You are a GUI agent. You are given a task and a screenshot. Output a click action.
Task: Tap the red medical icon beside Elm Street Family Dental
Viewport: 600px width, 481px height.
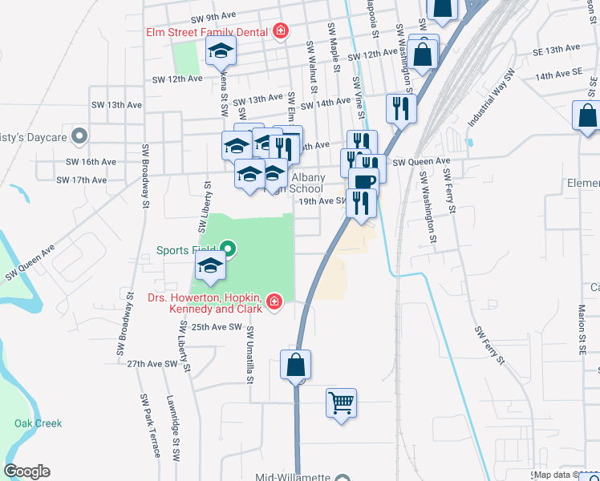tap(281, 32)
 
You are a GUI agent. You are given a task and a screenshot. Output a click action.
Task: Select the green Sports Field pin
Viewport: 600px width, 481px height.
tap(228, 250)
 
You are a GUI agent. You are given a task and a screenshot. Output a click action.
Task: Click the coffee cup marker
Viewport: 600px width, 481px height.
tap(363, 180)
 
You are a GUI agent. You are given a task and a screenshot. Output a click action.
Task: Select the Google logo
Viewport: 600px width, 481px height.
tap(26, 471)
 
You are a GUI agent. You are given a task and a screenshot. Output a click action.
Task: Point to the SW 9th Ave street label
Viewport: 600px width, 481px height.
tap(213, 17)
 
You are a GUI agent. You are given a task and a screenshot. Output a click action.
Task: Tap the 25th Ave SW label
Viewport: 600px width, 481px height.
tap(212, 327)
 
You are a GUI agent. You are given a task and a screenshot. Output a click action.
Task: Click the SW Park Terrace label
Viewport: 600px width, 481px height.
tap(151, 425)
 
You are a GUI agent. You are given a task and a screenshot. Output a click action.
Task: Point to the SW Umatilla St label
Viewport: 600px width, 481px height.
tap(251, 354)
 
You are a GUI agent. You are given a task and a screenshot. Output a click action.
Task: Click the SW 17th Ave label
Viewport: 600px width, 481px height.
tap(89, 180)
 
